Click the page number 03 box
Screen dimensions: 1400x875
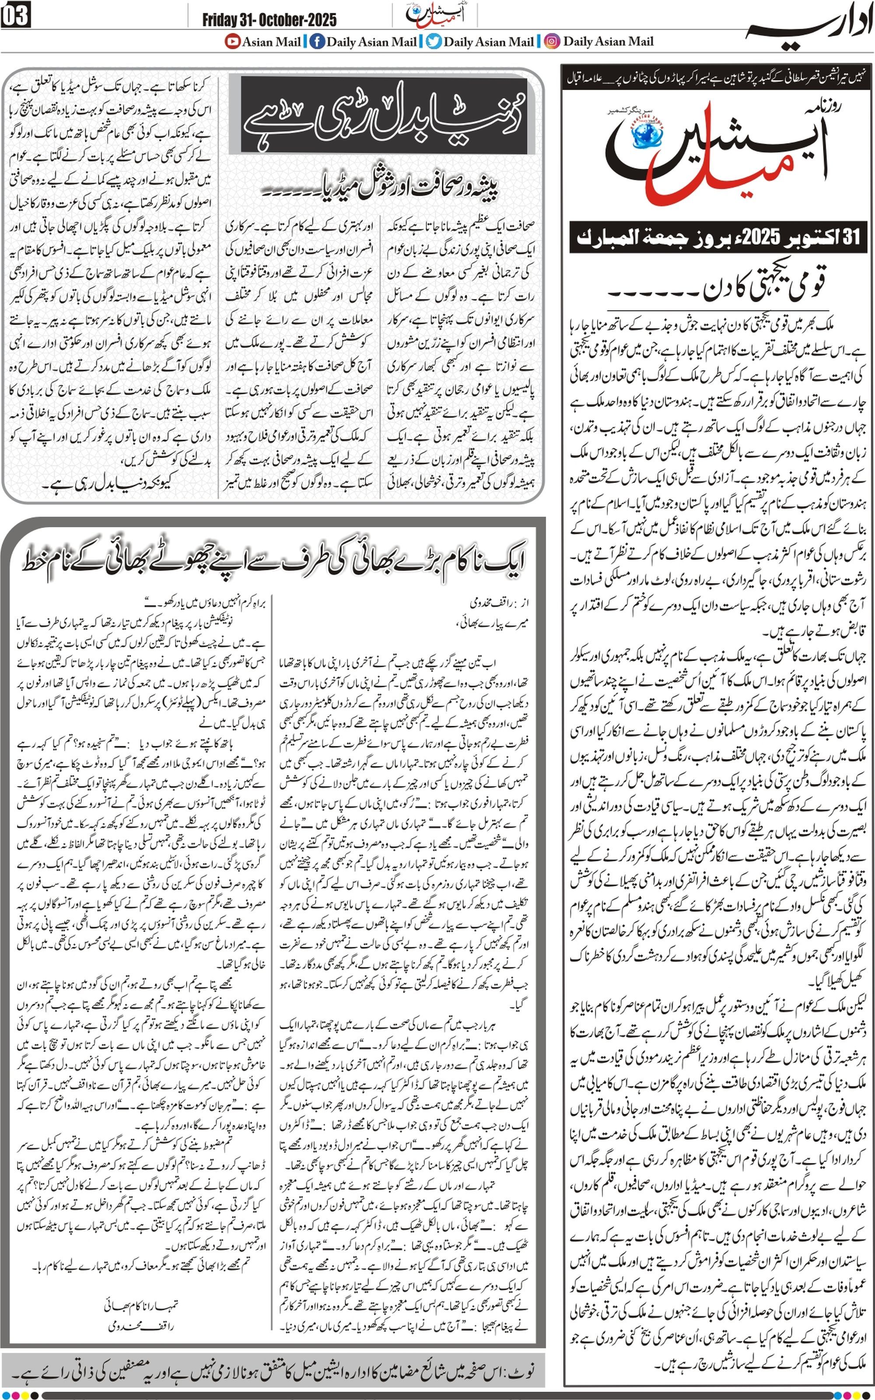click(16, 16)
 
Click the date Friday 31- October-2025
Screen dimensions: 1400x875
click(269, 20)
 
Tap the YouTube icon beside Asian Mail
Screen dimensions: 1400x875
click(233, 42)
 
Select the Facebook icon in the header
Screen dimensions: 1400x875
click(317, 42)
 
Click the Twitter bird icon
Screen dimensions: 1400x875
click(434, 42)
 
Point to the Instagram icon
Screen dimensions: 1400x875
click(553, 42)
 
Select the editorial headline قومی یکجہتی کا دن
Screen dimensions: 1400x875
click(764, 285)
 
